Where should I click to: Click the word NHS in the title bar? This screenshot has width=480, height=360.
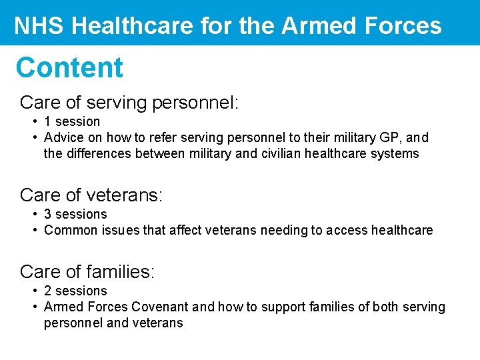pos(39,26)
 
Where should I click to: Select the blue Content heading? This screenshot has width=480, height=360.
pos(69,67)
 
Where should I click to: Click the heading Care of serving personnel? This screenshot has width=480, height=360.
pos(129,102)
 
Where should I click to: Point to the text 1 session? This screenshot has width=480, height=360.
pos(72,121)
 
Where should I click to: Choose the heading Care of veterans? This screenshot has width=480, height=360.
pos(91,195)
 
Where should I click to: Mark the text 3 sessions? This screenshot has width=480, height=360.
pos(75,214)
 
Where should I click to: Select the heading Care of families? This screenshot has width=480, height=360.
pos(87,271)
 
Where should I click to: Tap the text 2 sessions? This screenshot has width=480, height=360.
pos(75,291)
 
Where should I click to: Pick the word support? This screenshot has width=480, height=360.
pos(270,307)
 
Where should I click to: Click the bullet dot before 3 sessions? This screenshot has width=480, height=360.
pos(34,214)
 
